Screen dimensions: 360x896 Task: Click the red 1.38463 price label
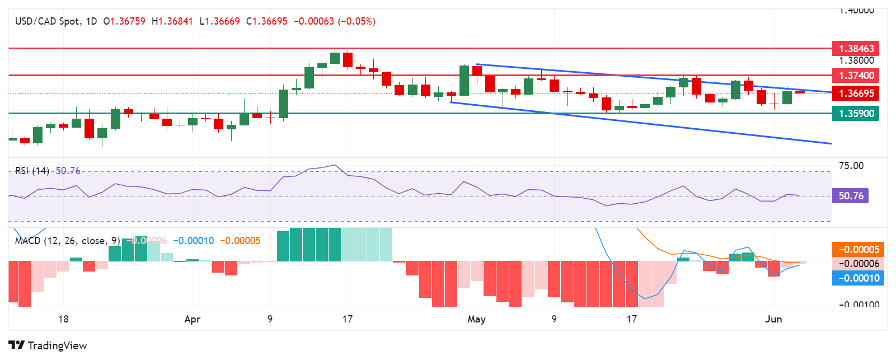855,49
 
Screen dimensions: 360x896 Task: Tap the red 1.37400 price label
855,75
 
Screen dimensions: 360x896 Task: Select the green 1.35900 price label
855,114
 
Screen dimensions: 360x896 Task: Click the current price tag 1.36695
855,93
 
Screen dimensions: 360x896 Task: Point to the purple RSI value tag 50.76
850,196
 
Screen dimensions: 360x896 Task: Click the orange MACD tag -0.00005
858,250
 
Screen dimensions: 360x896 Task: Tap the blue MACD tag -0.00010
858,278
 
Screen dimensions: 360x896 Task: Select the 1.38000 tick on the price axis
856,60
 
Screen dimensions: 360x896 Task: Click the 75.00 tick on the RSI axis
851,166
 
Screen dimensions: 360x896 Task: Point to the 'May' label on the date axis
476,319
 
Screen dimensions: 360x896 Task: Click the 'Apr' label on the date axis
192,319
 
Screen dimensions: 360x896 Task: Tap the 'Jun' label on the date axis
773,319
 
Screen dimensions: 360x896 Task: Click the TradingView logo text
57,345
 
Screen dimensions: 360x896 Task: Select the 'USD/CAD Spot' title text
48,21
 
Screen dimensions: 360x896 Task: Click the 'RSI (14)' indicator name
32,171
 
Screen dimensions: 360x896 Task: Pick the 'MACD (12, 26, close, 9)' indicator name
67,241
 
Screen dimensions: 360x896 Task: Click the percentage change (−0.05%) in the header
358,21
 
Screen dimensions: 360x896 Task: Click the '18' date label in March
63,319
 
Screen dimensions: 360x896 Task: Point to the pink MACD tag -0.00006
858,264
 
